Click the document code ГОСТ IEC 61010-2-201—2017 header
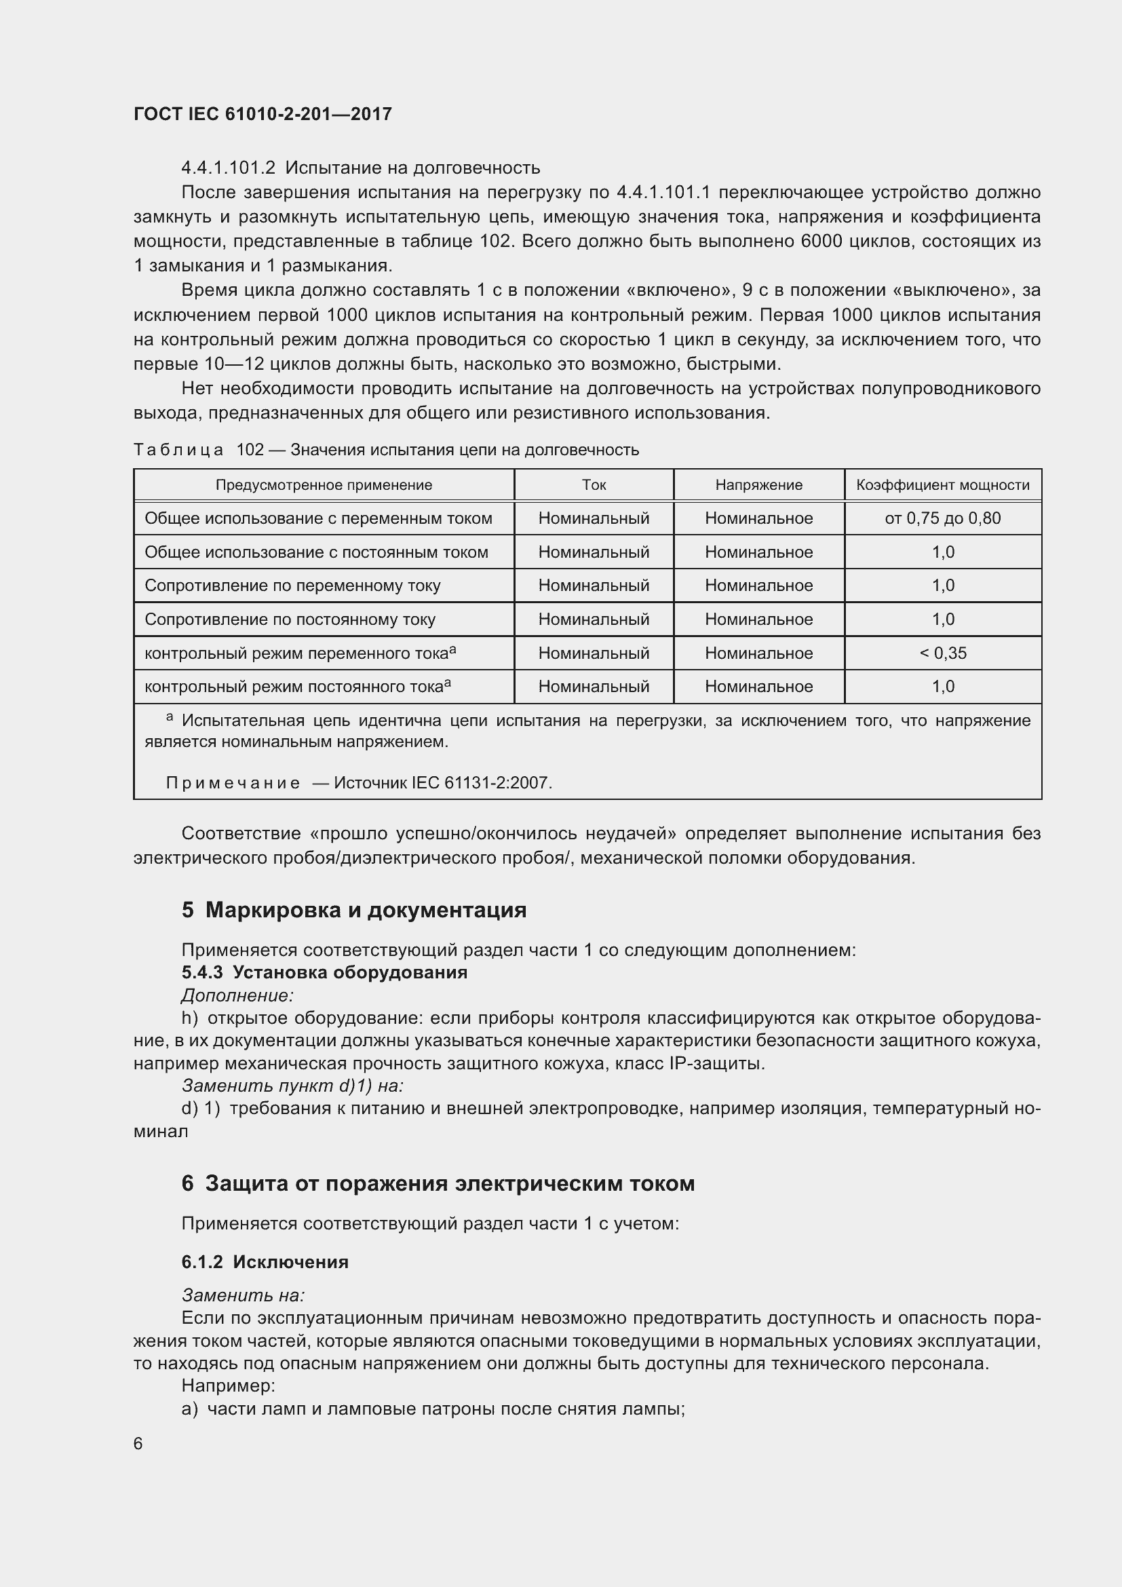pos(263,114)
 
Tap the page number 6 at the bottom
pos(138,1443)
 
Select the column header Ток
pos(594,485)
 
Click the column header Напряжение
pos(758,485)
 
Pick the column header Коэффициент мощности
pos(942,485)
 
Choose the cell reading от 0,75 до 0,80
pos(942,518)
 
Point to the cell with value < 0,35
pos(942,653)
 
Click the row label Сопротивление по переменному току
pos(292,586)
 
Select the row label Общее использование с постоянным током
pos(315,552)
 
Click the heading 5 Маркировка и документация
pos(353,911)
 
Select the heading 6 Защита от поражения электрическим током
pos(438,1183)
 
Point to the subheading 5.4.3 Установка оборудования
pos(324,972)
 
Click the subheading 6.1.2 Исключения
pos(265,1262)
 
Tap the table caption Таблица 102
pos(199,450)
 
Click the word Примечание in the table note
pos(233,783)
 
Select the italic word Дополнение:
pos(237,995)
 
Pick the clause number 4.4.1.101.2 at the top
pos(228,168)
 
